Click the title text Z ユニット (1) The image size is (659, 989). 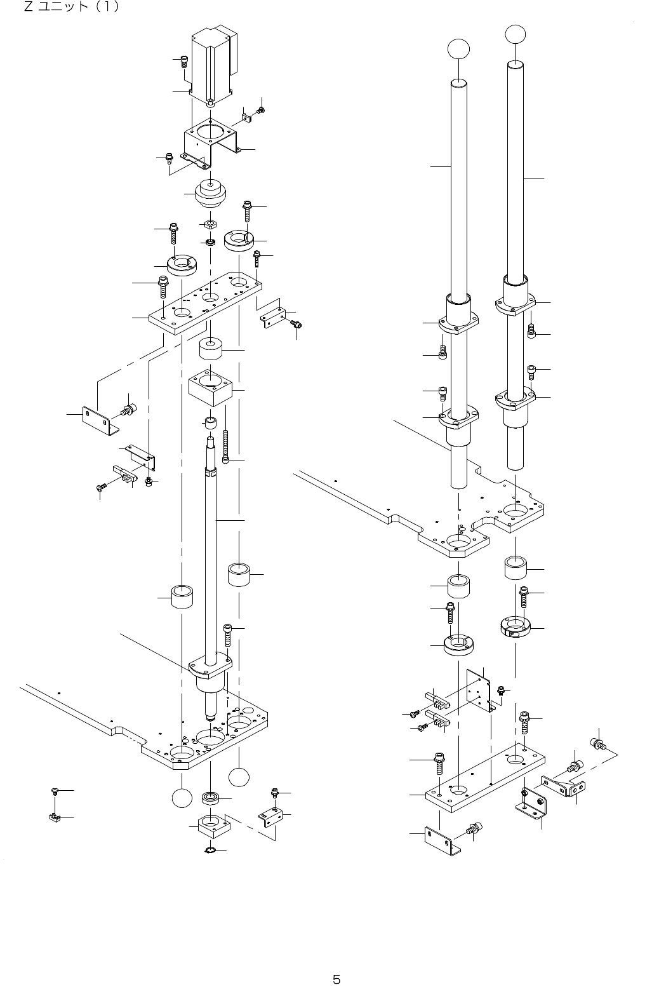70,8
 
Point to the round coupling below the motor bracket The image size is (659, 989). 210,194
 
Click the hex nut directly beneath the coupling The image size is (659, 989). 210,225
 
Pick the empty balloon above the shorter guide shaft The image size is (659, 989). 459,49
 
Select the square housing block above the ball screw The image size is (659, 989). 211,386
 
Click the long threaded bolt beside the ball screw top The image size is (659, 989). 225,445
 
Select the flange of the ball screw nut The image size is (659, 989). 210,664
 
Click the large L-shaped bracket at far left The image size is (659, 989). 99,420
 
